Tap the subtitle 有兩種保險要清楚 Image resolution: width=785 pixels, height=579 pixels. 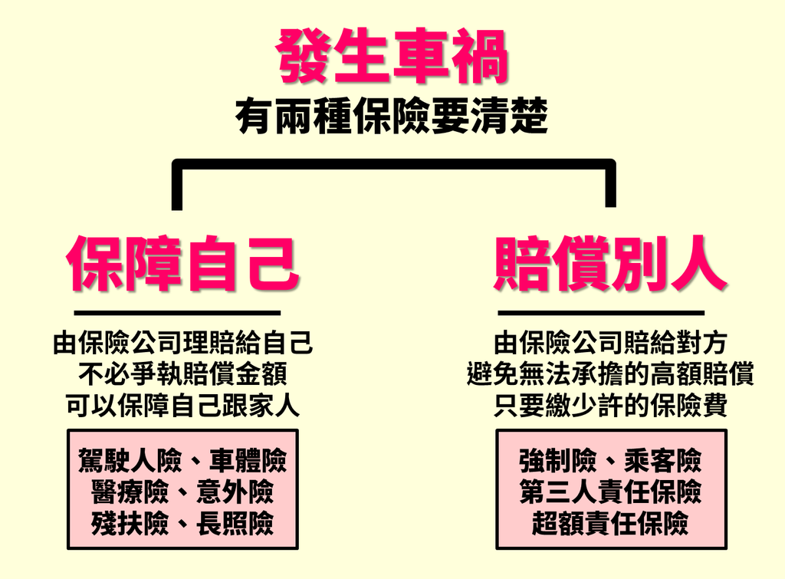click(392, 118)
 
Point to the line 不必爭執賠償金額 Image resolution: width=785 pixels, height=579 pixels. click(182, 375)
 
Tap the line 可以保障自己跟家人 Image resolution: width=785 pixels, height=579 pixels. click(182, 406)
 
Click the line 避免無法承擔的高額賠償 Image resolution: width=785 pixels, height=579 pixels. click(610, 375)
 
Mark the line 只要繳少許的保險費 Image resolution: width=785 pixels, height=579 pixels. click(610, 406)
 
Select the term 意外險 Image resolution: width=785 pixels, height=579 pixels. click(235, 492)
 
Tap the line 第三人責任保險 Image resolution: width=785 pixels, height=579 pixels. click(610, 492)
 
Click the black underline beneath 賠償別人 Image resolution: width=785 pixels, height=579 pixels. click(601, 313)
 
